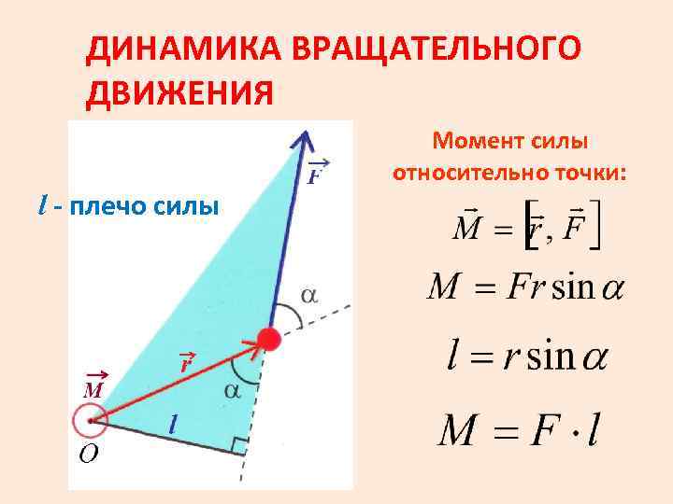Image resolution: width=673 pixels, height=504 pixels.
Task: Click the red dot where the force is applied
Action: [269, 339]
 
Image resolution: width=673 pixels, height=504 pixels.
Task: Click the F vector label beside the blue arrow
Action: [318, 174]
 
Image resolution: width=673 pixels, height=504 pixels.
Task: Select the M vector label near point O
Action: [93, 386]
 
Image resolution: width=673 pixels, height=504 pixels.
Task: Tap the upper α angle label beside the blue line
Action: [308, 295]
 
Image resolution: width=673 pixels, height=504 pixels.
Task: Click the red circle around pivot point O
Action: [91, 421]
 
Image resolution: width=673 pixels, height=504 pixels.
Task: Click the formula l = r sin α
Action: [524, 357]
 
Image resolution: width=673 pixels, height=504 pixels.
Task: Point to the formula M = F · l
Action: [521, 430]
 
